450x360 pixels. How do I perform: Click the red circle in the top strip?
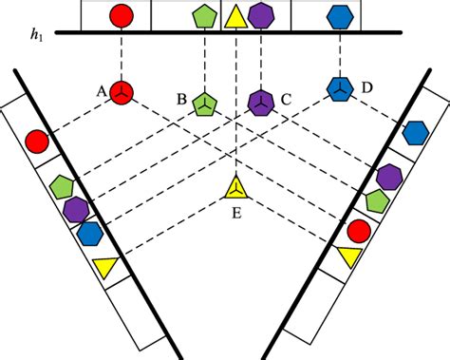122,15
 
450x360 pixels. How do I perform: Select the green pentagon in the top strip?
203,16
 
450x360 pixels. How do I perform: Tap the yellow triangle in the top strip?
235,16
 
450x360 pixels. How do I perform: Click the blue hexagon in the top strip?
339,16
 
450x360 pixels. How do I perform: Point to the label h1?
36,34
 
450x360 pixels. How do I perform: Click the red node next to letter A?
122,91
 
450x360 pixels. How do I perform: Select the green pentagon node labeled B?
203,102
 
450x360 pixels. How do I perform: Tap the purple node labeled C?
259,100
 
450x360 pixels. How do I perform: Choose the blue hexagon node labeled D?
339,88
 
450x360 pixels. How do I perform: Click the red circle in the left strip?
36,142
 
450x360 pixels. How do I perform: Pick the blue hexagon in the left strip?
90,232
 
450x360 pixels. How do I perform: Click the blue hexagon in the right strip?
415,133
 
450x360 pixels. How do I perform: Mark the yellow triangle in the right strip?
347,256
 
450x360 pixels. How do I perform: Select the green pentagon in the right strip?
376,200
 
